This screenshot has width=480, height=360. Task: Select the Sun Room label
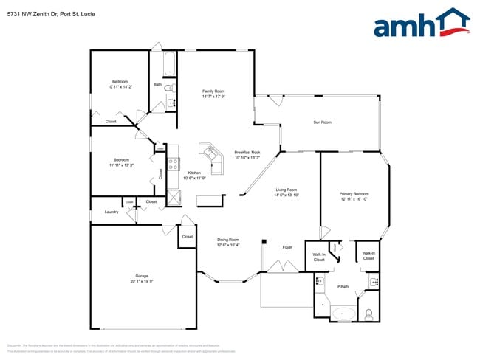[322, 122]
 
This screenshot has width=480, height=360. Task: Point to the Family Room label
[213, 91]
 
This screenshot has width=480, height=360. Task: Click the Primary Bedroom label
[354, 193]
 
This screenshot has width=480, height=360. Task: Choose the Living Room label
[287, 190]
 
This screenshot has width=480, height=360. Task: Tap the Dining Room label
[228, 240]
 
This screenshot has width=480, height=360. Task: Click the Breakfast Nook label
[247, 152]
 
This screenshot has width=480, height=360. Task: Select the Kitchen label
[195, 173]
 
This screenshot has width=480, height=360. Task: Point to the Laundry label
[112, 212]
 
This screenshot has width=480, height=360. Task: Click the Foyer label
[288, 246]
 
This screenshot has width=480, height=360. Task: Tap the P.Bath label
[343, 286]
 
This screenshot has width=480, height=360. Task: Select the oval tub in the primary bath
[343, 314]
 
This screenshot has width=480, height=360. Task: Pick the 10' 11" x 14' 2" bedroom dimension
[120, 87]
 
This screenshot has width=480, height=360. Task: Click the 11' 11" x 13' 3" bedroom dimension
[123, 165]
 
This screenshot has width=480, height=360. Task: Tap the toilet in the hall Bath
[168, 88]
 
